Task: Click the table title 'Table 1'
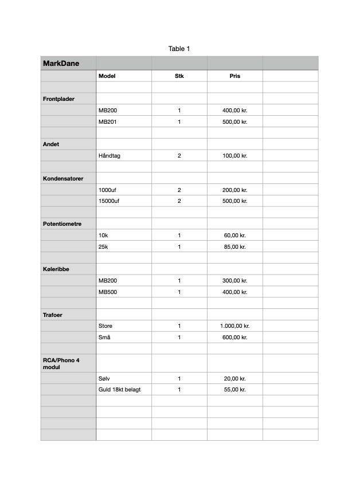point(179,49)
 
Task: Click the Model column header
point(107,76)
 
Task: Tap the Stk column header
point(179,76)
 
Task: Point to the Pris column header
point(234,76)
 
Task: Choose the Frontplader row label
point(58,99)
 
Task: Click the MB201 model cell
point(108,122)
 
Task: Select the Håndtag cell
point(109,155)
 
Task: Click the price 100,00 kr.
point(234,155)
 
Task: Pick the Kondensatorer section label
point(63,178)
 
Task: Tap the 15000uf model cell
point(109,201)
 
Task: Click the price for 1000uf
point(234,190)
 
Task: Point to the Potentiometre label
point(62,224)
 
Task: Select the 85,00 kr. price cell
point(234,246)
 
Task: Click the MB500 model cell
point(108,292)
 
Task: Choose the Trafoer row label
point(53,315)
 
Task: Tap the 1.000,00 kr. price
point(234,326)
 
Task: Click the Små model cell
point(104,337)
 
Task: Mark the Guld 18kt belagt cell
point(119,389)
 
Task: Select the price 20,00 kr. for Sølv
point(234,378)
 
